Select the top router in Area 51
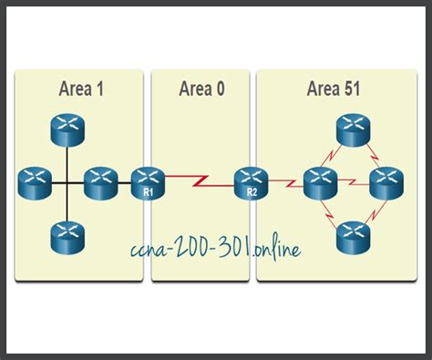tap(353, 129)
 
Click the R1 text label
tap(146, 193)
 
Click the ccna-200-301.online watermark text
tap(214, 246)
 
